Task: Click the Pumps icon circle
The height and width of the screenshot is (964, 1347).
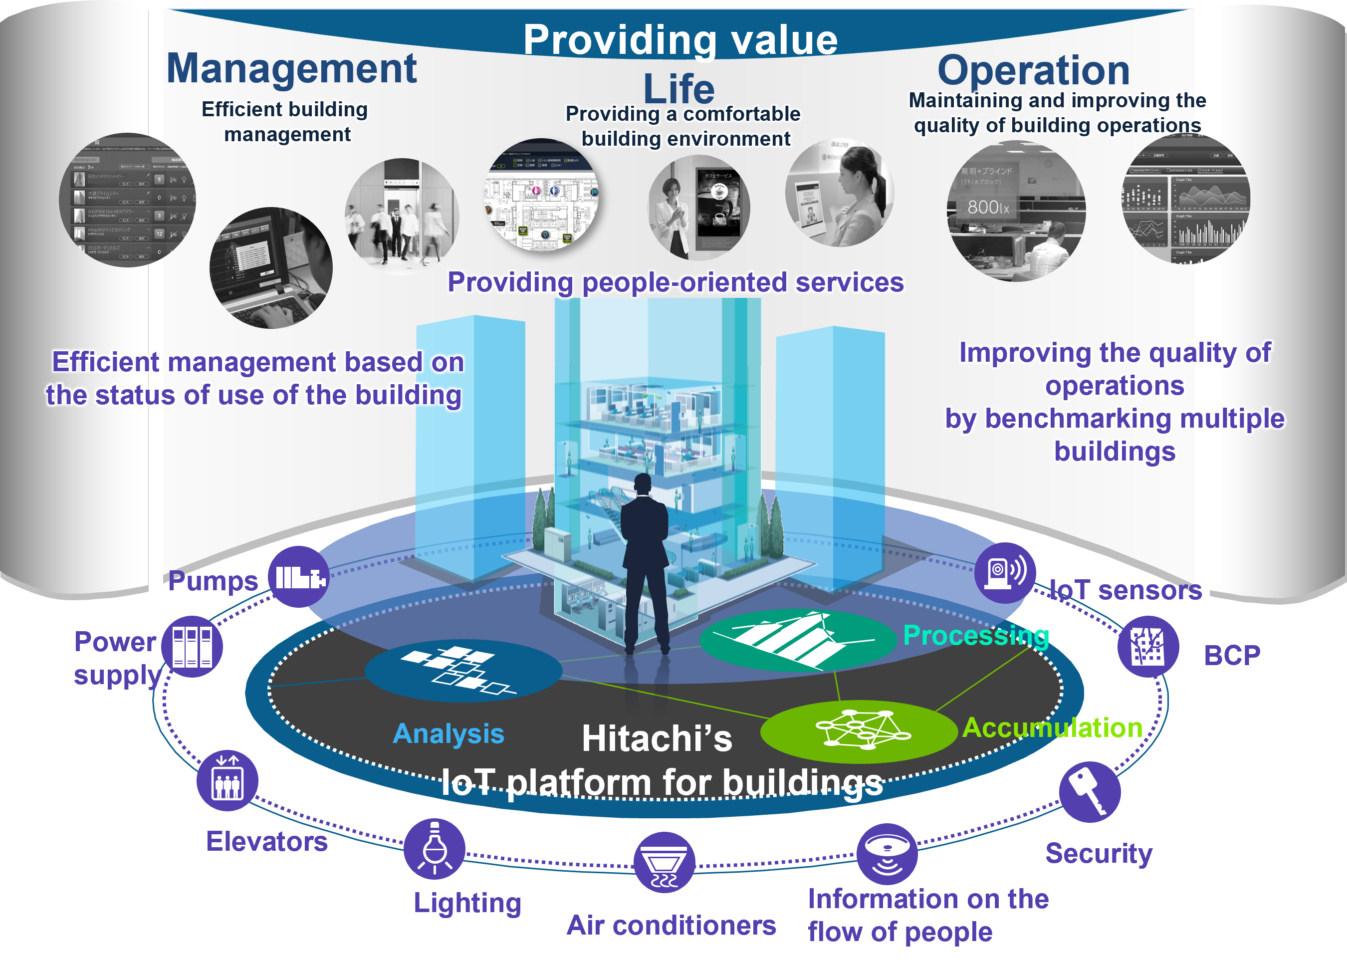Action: click(299, 576)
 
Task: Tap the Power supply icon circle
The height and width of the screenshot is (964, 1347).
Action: click(192, 647)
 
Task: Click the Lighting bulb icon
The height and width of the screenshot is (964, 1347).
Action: click(435, 848)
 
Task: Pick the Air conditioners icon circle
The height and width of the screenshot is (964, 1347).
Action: click(664, 863)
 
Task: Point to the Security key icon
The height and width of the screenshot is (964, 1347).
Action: click(1090, 792)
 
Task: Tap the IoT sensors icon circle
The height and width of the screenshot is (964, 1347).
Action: click(1005, 573)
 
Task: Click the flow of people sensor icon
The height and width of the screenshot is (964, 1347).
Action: click(887, 854)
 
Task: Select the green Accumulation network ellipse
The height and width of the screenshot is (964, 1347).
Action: click(859, 731)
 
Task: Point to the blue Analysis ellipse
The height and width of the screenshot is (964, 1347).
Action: click(463, 671)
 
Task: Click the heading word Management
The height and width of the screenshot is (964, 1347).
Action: click(291, 69)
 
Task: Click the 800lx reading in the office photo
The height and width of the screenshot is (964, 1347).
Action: click(988, 207)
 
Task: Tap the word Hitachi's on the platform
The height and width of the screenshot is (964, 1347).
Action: click(657, 738)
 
